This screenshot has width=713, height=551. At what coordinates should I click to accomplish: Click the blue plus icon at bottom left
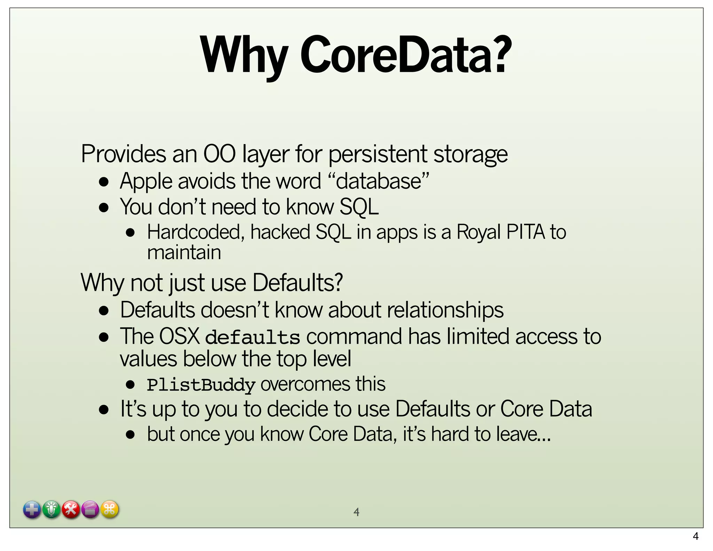click(x=32, y=510)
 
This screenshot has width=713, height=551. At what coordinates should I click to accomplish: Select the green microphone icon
click(x=52, y=510)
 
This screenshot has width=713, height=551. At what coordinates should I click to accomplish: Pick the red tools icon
click(x=71, y=510)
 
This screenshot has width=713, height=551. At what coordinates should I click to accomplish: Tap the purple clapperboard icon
click(x=91, y=510)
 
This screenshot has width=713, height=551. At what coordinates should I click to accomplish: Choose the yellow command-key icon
click(x=110, y=510)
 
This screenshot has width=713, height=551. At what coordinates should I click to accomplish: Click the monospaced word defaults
click(x=252, y=337)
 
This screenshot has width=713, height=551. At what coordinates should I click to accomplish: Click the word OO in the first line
click(x=219, y=154)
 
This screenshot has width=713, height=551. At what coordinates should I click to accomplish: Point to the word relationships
click(x=445, y=310)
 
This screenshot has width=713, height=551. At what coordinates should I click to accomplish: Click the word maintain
click(x=184, y=252)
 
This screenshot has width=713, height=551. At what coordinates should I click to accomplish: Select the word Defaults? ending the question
click(x=298, y=282)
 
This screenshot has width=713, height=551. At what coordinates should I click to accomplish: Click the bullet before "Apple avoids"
click(x=104, y=182)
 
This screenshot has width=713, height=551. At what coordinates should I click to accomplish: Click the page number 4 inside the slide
click(x=356, y=512)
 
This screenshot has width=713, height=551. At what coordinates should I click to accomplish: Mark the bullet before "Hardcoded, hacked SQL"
click(x=131, y=233)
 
